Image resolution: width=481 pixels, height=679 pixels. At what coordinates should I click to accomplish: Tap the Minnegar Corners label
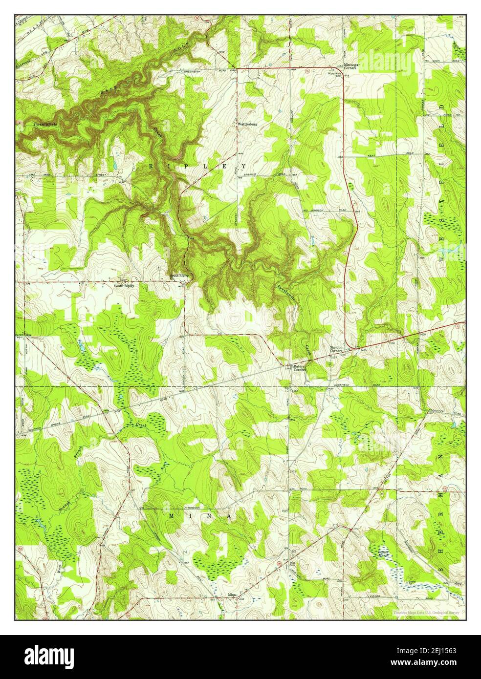click(350, 66)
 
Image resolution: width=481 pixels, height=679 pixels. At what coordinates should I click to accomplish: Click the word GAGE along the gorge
click(109, 88)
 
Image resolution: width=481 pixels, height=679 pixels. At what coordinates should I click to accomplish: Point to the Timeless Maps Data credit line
click(426, 612)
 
